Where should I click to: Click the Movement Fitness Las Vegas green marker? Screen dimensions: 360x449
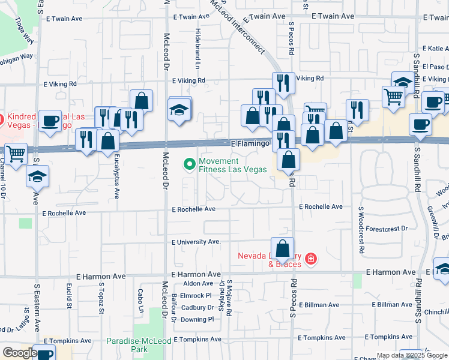coord(190,164)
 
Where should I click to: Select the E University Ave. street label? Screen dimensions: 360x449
coord(196,242)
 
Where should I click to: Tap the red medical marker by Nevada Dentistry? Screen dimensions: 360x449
coord(310,259)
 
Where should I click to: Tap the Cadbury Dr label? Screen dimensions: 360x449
coord(197,307)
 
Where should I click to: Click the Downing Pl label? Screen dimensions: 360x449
coord(193,319)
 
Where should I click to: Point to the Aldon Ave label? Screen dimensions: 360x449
coord(198,283)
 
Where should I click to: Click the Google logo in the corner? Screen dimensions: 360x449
coord(19,353)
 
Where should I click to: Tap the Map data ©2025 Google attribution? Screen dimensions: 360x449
coord(411,355)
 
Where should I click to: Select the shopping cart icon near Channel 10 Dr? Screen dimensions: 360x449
coord(16,155)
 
